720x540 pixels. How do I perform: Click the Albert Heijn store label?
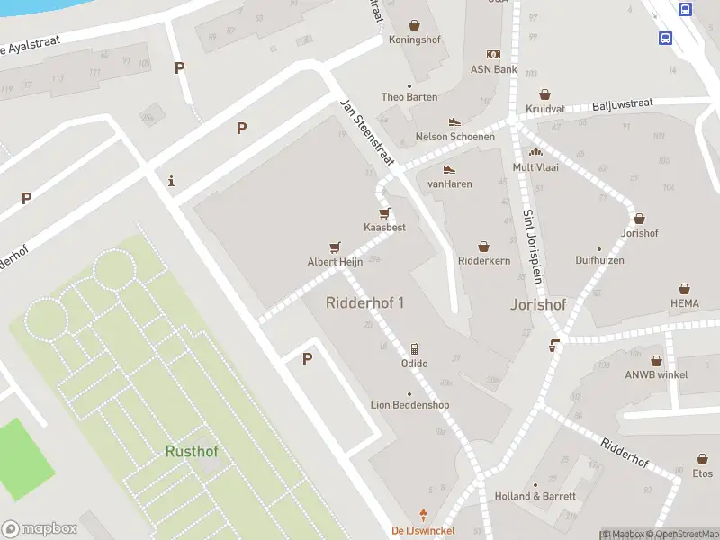pyautogui.click(x=335, y=262)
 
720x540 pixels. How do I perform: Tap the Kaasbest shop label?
pyautogui.click(x=384, y=228)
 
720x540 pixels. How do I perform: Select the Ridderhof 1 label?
pyautogui.click(x=364, y=302)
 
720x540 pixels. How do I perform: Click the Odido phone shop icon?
pyautogui.click(x=414, y=348)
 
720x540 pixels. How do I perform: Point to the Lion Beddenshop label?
pyautogui.click(x=409, y=405)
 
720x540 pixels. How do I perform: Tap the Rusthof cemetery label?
pyautogui.click(x=192, y=451)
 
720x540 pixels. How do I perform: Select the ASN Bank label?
pyautogui.click(x=493, y=69)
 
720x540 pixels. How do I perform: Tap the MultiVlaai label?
pyautogui.click(x=535, y=167)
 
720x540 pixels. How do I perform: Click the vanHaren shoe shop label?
pyautogui.click(x=449, y=184)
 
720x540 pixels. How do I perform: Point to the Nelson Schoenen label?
pyautogui.click(x=454, y=137)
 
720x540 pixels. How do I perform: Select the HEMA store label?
pyautogui.click(x=684, y=303)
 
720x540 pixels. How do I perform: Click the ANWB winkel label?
pyautogui.click(x=656, y=374)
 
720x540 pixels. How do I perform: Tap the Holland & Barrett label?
pyautogui.click(x=535, y=496)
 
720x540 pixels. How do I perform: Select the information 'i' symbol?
pyautogui.click(x=171, y=182)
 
